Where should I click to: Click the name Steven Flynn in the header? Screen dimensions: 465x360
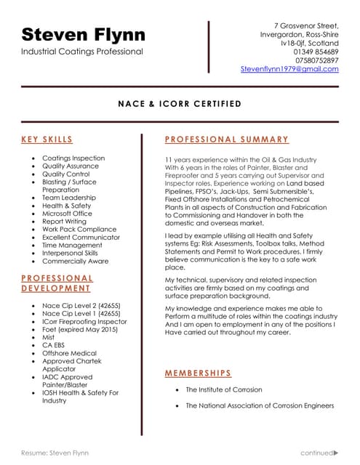click(83, 34)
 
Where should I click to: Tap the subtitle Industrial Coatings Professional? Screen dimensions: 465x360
click(82, 52)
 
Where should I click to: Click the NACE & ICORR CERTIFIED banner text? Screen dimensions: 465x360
click(180, 104)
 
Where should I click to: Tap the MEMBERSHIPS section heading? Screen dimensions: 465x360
click(198, 373)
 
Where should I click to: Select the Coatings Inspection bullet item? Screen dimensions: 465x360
click(73, 158)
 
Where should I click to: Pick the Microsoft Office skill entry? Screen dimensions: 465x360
click(67, 214)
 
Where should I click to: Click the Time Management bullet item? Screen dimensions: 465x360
click(72, 246)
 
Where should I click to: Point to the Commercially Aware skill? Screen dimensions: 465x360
click(75, 262)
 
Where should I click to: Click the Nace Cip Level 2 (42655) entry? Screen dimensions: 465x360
click(81, 305)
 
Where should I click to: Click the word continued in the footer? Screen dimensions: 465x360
click(316, 452)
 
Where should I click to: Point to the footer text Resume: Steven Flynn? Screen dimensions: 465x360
click(55, 452)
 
